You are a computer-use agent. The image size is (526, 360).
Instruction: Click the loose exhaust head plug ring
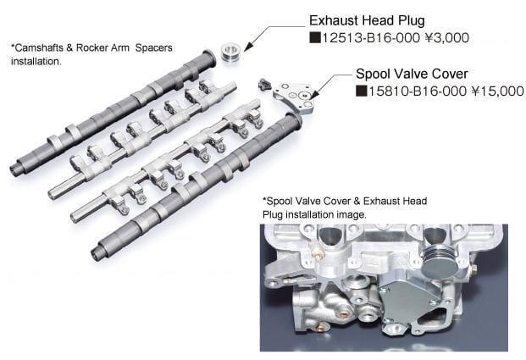(230, 52)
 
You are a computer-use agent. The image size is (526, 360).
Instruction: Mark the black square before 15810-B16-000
(360, 89)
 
